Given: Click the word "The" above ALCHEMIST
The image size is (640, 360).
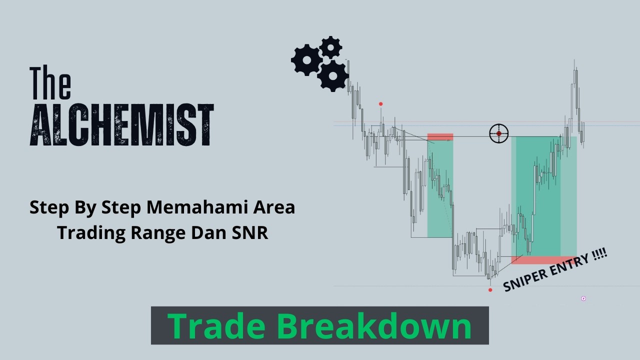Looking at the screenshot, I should pyautogui.click(x=50, y=82).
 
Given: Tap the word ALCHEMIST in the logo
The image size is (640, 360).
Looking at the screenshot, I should pyautogui.click(x=122, y=125).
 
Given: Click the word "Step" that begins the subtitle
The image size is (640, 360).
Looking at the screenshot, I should pyautogui.click(x=48, y=207).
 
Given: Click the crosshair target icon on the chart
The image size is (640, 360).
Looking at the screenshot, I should pyautogui.click(x=498, y=133).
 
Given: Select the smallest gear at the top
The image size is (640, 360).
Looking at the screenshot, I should pyautogui.click(x=330, y=47).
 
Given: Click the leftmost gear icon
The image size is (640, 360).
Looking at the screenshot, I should pyautogui.click(x=306, y=60).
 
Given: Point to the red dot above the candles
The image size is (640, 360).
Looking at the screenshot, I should pyautogui.click(x=381, y=104).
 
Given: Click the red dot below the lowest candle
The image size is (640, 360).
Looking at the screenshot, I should pyautogui.click(x=490, y=290).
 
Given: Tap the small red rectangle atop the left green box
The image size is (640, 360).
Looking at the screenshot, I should pyautogui.click(x=440, y=136).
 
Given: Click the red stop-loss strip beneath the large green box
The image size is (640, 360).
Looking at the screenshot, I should pyautogui.click(x=543, y=260).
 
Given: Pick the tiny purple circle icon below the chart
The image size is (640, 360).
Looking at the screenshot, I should pyautogui.click(x=583, y=298).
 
